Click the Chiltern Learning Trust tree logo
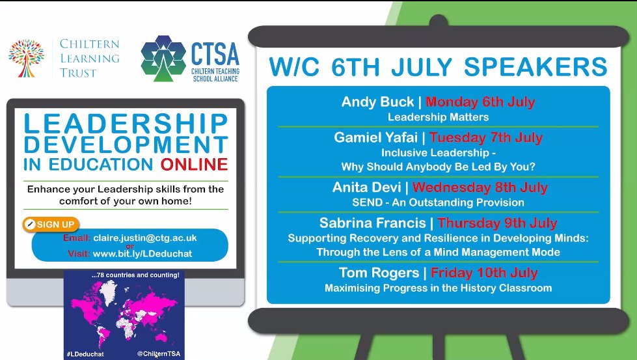26,57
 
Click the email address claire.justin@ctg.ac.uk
136,239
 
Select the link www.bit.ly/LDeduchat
142,253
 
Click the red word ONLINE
195,163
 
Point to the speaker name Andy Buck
377,102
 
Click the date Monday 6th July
480,102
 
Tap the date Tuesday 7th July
485,138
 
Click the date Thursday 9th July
491,223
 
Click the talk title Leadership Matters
438,117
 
